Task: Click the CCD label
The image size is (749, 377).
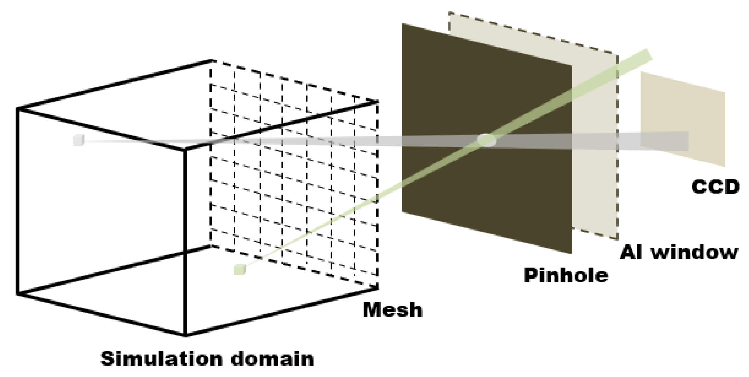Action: pyautogui.click(x=715, y=187)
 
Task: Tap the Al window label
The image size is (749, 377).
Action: pyautogui.click(x=678, y=253)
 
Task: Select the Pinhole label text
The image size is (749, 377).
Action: pyautogui.click(x=566, y=276)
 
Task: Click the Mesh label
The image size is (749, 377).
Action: pyautogui.click(x=392, y=310)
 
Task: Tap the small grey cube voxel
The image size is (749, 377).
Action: pyautogui.click(x=79, y=140)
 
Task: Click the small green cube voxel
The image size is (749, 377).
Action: pyautogui.click(x=240, y=269)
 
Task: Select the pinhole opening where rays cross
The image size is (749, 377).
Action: pyautogui.click(x=486, y=140)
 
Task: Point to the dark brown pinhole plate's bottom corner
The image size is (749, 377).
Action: pyautogui.click(x=571, y=253)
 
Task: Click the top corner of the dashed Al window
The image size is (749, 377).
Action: pyautogui.click(x=449, y=13)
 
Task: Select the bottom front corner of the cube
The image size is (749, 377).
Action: pyautogui.click(x=185, y=336)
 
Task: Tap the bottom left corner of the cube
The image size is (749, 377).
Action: pyautogui.click(x=18, y=294)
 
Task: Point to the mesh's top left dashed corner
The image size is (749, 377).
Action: pyautogui.click(x=211, y=60)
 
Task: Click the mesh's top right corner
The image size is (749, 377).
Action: pyautogui.click(x=377, y=102)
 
